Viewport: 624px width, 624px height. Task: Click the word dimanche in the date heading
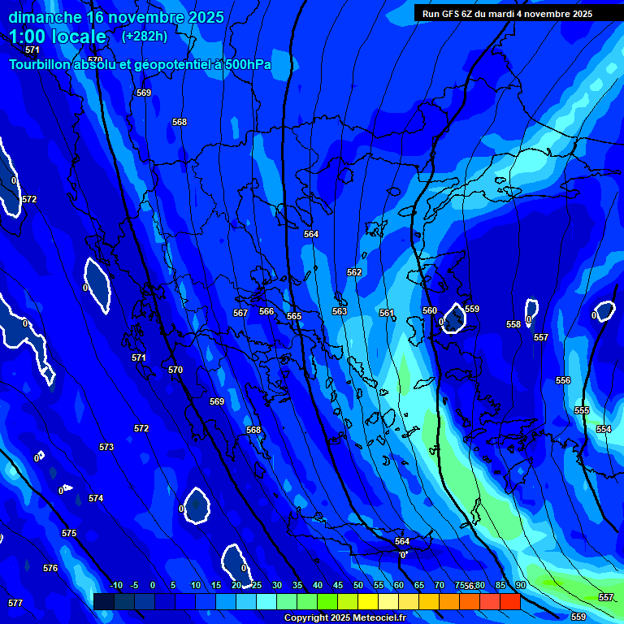45,17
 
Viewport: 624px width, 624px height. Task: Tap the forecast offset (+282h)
144,36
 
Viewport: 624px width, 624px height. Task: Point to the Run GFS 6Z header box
507,14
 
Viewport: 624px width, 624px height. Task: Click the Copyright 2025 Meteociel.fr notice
344,617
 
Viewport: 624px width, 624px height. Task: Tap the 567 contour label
240,313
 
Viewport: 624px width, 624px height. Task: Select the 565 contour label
294,316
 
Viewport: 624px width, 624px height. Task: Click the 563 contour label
340,311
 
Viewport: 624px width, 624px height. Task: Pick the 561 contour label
387,313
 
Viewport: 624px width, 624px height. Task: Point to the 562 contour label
354,272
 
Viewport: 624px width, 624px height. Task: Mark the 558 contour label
513,324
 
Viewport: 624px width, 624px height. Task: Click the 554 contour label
604,429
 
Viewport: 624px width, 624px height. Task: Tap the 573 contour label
106,447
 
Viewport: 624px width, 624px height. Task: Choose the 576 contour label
50,568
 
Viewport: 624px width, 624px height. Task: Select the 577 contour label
15,603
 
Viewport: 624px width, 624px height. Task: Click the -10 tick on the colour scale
115,585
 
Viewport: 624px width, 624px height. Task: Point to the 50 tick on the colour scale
358,585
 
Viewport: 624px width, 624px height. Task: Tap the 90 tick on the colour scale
520,585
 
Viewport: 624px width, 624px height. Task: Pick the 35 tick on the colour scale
297,585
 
